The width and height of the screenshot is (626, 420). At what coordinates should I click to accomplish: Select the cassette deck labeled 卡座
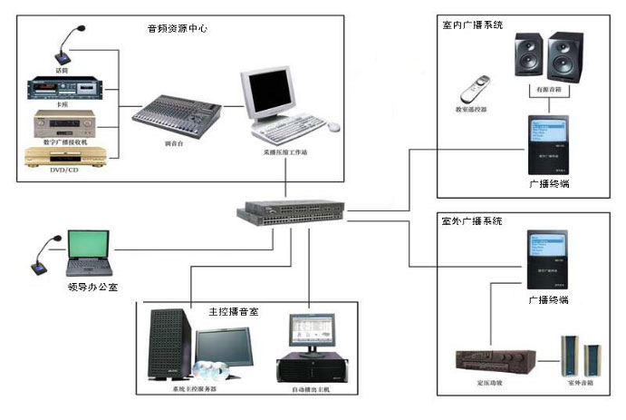tap(63, 89)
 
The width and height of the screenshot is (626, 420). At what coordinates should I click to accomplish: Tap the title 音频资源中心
tap(178, 28)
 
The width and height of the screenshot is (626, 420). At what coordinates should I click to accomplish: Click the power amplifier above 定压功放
tap(490, 361)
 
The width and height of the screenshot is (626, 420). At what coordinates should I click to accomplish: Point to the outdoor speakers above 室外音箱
tap(581, 357)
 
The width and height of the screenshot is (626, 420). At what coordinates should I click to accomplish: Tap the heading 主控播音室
tap(234, 311)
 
